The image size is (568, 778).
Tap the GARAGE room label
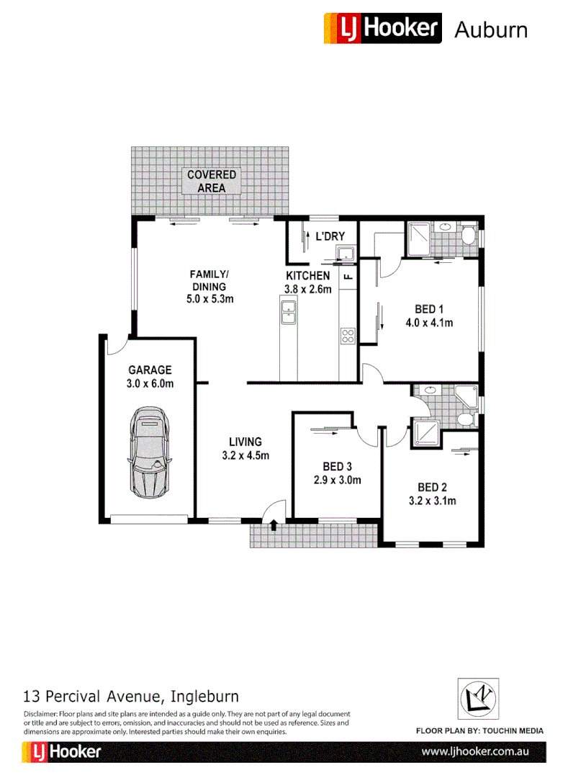pyautogui.click(x=150, y=370)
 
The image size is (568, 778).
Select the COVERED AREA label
pyautogui.click(x=211, y=182)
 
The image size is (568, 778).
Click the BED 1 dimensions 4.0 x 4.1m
pyautogui.click(x=429, y=323)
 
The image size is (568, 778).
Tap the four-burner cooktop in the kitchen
pyautogui.click(x=348, y=335)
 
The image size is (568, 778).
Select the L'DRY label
pyautogui.click(x=330, y=236)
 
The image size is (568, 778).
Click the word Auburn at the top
pyautogui.click(x=491, y=30)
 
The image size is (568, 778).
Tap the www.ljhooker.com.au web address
pyautogui.click(x=475, y=751)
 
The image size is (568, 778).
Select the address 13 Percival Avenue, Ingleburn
pyautogui.click(x=131, y=697)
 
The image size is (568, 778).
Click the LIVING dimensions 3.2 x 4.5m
pyautogui.click(x=245, y=455)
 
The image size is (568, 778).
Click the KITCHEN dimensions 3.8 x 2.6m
pyautogui.click(x=308, y=290)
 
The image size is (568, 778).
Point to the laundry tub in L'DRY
pyautogui.click(x=346, y=253)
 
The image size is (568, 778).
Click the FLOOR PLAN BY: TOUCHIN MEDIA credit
pyautogui.click(x=480, y=730)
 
